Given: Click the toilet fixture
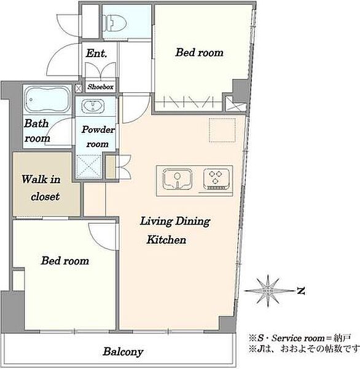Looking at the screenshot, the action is (116, 23).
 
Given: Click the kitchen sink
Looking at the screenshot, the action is (178, 180).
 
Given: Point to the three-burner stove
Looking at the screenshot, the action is (216, 180).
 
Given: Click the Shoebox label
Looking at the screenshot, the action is (100, 87).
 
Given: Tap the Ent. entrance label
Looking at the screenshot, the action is (96, 53).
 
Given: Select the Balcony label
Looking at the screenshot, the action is (123, 352).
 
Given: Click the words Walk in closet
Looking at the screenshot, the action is (41, 188).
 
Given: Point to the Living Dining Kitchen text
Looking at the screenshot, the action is (175, 230).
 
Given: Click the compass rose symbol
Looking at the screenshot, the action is (268, 291).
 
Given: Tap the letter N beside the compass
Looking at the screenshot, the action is (301, 291).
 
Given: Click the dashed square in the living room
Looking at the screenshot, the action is (222, 130).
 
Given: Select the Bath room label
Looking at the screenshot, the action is (37, 130).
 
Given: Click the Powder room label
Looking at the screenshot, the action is (98, 137).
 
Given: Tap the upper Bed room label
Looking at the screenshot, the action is (200, 52).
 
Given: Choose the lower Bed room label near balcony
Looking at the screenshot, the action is (65, 261).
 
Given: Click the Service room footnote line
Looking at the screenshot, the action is (300, 338).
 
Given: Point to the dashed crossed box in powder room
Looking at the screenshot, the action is (88, 166).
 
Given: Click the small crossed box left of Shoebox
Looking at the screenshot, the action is (78, 89).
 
